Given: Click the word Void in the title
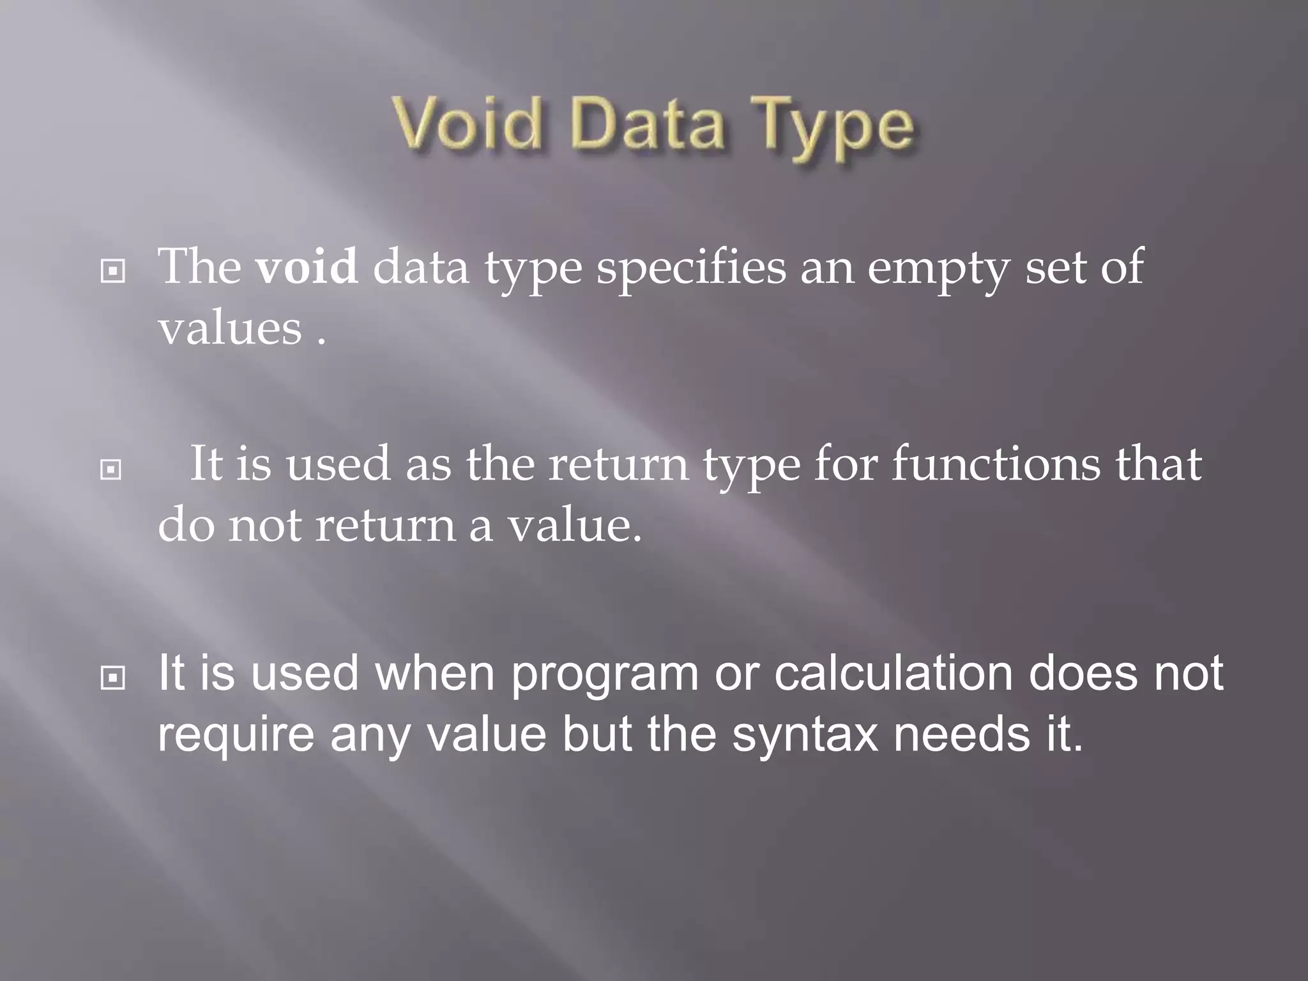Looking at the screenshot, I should tap(467, 124).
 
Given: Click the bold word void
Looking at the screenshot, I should tap(307, 267).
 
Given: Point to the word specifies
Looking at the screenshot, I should tap(691, 268).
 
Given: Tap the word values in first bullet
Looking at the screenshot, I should tap(230, 328).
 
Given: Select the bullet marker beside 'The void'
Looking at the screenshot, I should tap(113, 272).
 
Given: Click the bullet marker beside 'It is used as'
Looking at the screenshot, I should tap(112, 470).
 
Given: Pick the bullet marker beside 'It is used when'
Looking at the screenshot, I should tap(113, 678).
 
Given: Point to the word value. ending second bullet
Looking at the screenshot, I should tap(574, 526).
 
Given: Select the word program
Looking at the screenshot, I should tap(604, 675).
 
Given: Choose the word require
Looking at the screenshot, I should tap(236, 735).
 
